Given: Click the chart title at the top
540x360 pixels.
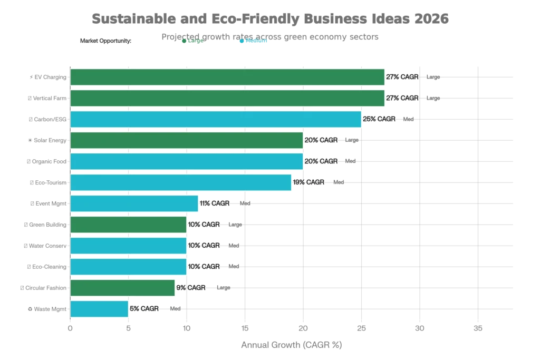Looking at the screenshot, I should tap(269, 19).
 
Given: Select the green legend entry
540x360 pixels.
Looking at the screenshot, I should tap(193, 42).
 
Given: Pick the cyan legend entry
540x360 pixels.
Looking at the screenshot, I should tap(254, 42).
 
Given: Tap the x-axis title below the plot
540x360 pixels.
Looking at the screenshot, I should tap(291, 344).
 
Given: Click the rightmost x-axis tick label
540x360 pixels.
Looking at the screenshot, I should tap(478, 328).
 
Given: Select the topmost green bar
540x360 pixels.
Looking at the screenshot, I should tap(227, 77).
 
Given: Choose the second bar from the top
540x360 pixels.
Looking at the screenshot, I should tap(227, 98).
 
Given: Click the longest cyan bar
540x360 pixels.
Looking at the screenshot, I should tap(216, 119).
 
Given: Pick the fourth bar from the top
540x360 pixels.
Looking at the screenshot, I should tap(187, 140).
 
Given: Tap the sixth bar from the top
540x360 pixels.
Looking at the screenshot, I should tap(181, 182).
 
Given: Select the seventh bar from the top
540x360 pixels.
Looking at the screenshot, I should tap(134, 203).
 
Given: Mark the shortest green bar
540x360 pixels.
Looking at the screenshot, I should tap(123, 288).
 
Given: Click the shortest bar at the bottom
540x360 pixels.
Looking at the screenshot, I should tap(100, 309).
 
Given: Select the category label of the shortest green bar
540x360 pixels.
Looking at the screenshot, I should tap(43, 288).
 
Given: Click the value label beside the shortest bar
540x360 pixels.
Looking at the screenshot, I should tap(155, 308).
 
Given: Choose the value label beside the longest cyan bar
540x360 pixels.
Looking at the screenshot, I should tap(389, 119).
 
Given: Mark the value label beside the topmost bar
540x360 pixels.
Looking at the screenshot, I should tap(413, 76).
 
